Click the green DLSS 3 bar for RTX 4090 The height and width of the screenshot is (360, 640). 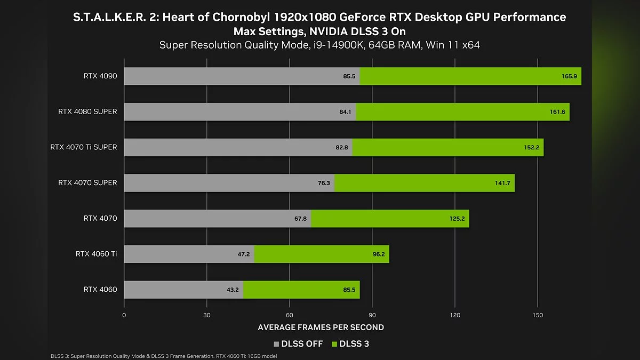[x=469, y=76]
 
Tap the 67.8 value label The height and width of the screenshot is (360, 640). [x=300, y=219]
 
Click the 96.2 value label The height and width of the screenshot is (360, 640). [x=378, y=254]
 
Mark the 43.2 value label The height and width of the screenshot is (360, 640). [x=233, y=290]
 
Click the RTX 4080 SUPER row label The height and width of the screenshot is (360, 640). [x=87, y=112]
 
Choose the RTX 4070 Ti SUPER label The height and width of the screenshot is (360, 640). [x=83, y=147]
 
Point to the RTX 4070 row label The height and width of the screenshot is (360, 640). [x=100, y=218]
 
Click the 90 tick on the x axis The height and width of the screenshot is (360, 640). [x=372, y=315]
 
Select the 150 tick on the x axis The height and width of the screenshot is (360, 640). [x=538, y=315]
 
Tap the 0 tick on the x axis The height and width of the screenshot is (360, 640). [x=124, y=315]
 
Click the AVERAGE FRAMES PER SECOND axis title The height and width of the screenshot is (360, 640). [x=321, y=327]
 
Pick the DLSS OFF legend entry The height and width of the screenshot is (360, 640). [x=298, y=344]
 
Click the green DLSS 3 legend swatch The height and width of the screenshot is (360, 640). [x=335, y=344]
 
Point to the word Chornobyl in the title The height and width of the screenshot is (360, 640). [x=238, y=17]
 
